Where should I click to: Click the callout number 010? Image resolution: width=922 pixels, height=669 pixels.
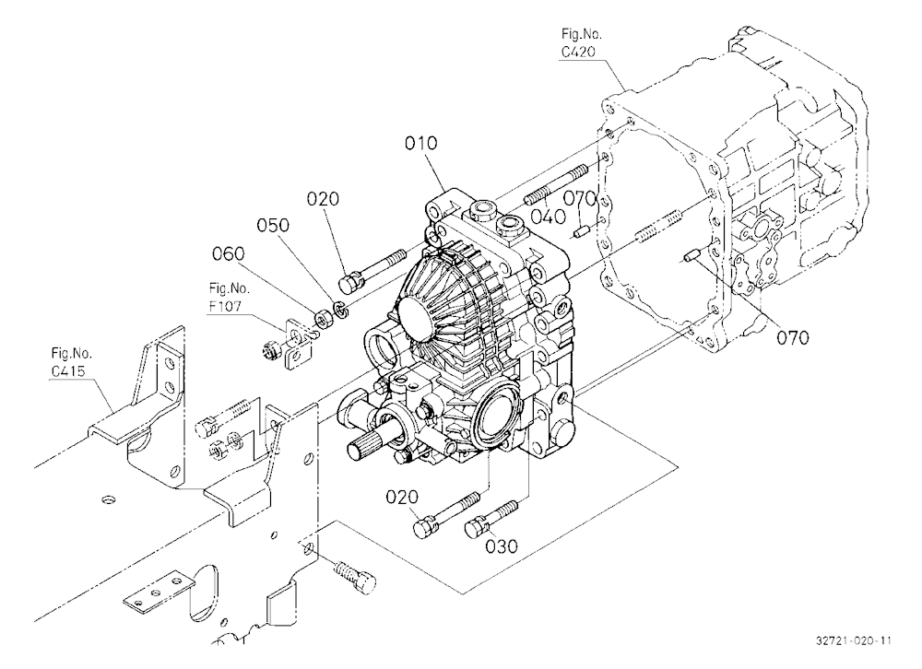[421, 143]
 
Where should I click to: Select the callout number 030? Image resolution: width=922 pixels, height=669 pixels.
[502, 546]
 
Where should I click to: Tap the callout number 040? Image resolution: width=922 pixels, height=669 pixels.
[549, 217]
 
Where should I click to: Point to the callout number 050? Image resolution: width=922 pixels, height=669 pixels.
[273, 225]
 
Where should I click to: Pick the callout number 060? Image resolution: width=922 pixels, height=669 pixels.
[228, 253]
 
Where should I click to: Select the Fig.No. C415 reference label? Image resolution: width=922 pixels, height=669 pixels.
[67, 362]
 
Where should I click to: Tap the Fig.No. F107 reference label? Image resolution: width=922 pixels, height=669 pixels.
[230, 298]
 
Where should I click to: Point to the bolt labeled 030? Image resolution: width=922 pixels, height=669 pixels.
[491, 517]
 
